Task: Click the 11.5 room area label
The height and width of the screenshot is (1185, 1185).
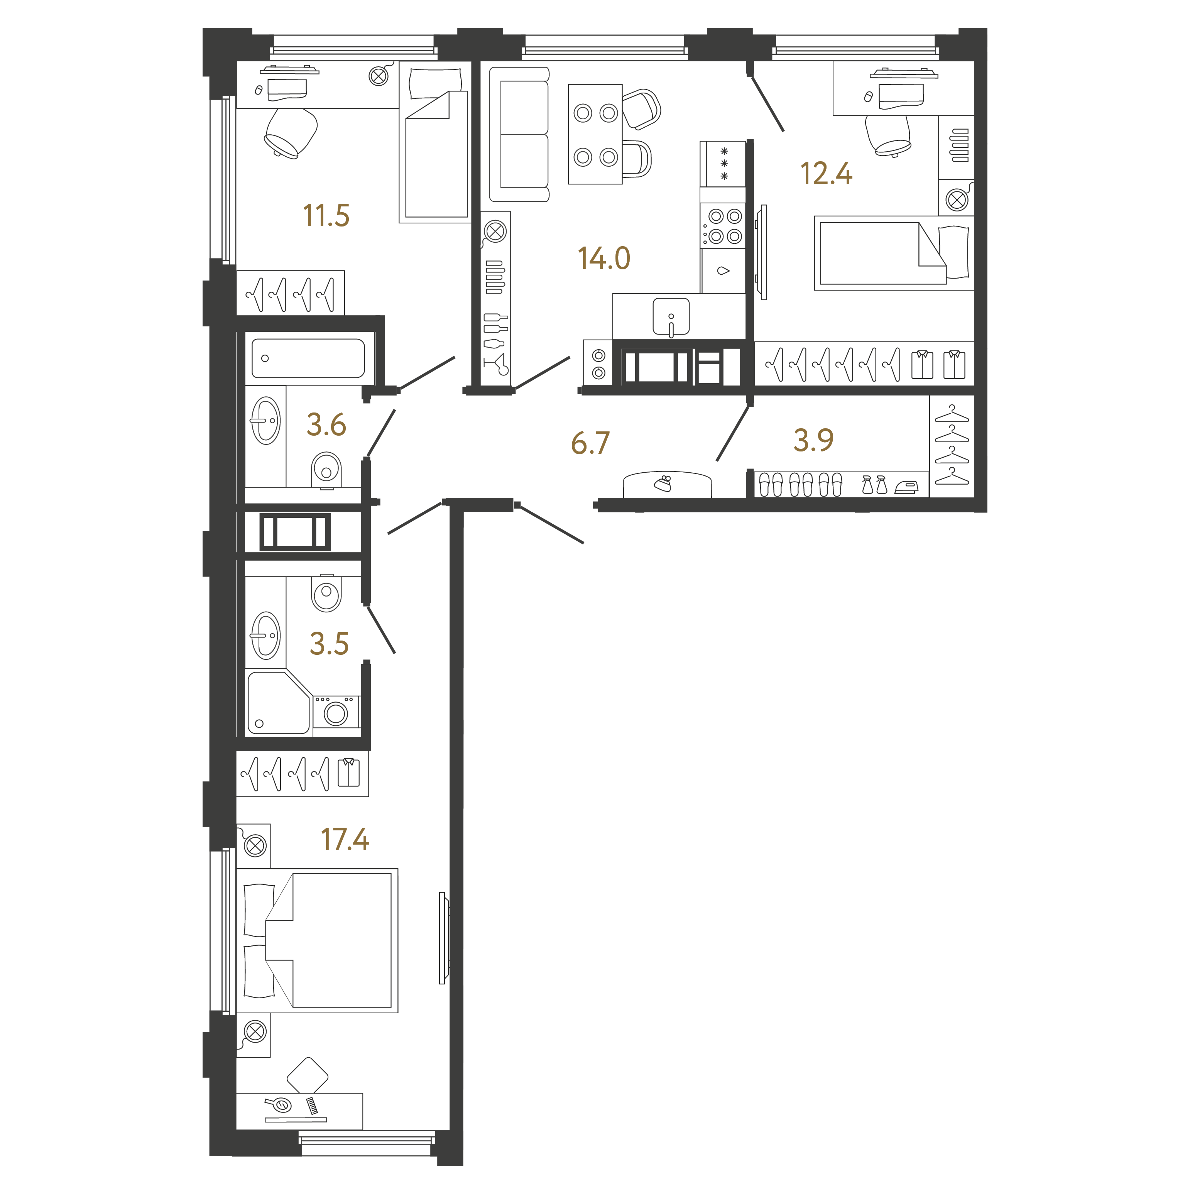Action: tap(326, 216)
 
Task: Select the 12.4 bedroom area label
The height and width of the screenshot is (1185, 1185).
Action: tap(826, 174)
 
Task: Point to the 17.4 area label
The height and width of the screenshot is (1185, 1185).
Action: tap(345, 840)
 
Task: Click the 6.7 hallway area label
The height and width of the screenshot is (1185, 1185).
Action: tap(590, 443)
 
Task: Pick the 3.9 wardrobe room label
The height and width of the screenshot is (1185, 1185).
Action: tap(813, 440)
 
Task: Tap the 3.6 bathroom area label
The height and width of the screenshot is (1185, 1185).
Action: tap(326, 424)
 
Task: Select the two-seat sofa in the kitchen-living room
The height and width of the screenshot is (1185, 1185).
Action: tap(519, 134)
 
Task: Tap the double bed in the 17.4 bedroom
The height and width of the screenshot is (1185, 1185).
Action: tap(317, 940)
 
